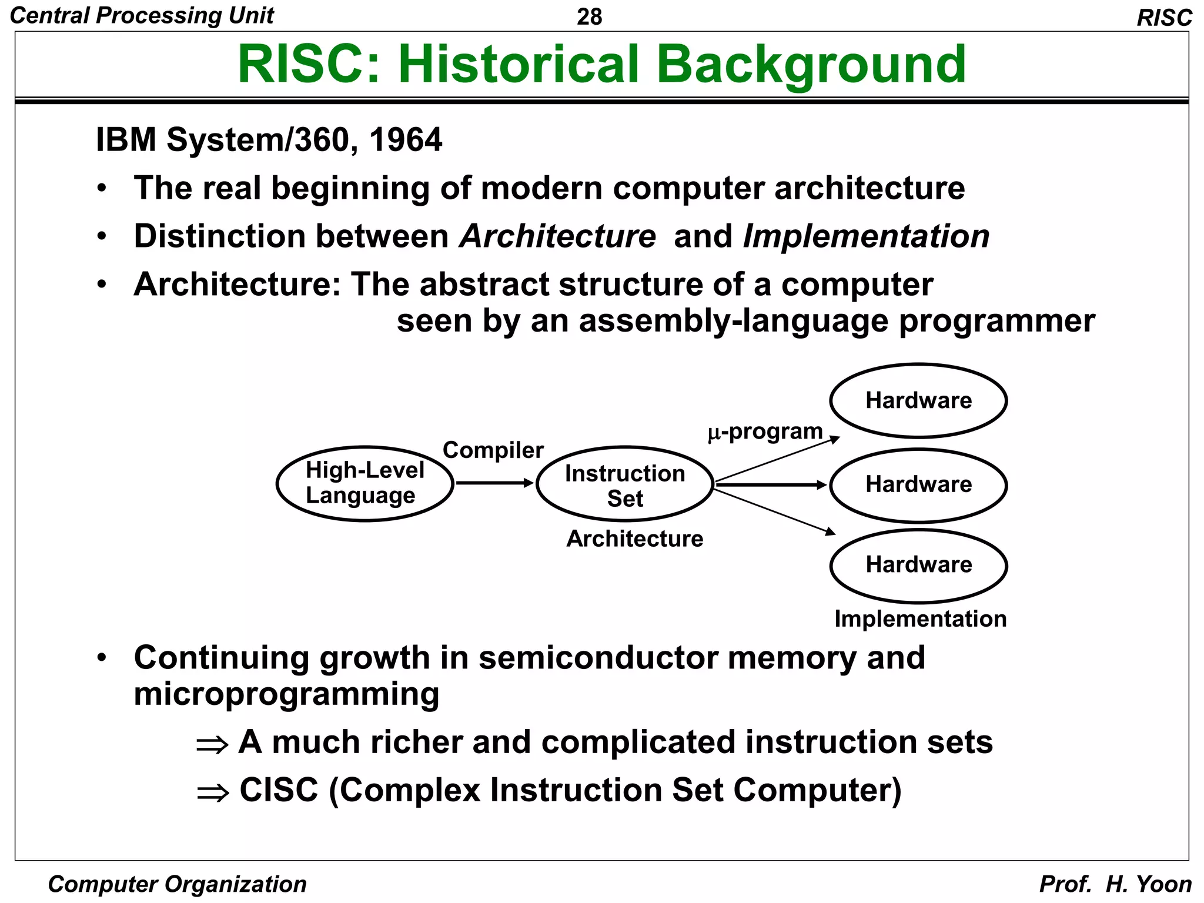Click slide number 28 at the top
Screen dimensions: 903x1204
(x=589, y=16)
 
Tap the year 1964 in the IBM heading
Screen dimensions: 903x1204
(x=405, y=140)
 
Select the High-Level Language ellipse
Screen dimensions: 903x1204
(x=364, y=483)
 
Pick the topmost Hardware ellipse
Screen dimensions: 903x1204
(x=918, y=401)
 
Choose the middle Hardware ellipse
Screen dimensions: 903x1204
(x=918, y=485)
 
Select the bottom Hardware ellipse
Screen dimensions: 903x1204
(x=918, y=566)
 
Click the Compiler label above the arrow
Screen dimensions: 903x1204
(x=493, y=450)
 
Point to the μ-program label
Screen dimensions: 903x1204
(x=765, y=432)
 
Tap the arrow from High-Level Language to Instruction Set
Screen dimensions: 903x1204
(x=494, y=483)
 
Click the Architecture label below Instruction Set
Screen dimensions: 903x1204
(x=634, y=539)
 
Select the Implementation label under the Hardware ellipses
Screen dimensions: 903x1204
(x=920, y=618)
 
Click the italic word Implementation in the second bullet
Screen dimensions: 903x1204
(x=866, y=236)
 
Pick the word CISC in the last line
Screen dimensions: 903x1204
(x=279, y=790)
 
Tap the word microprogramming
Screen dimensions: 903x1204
(x=286, y=694)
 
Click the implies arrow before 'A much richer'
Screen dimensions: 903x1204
(x=212, y=745)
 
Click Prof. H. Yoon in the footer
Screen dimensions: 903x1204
(x=1115, y=884)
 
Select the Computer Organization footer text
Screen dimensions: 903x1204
(x=177, y=884)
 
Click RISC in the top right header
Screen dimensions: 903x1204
(x=1164, y=18)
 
